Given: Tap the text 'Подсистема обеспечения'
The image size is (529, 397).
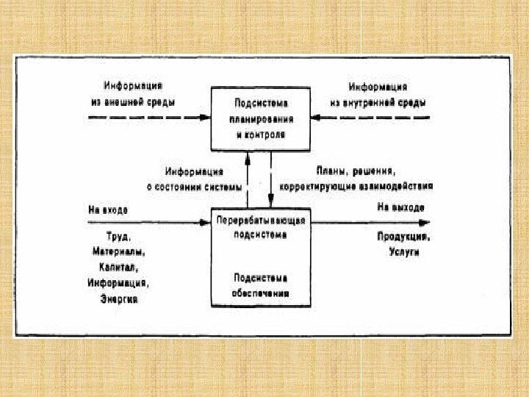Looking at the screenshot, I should (260, 285).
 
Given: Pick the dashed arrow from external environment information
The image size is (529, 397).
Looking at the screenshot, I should (147, 117).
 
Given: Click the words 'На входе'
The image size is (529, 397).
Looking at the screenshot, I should (108, 210).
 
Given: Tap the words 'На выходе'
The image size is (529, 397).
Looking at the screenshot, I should (401, 209).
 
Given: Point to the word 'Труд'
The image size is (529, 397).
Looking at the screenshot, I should (120, 237).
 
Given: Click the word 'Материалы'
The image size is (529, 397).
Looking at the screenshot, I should (118, 253).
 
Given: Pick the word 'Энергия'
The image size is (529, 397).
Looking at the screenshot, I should (118, 300).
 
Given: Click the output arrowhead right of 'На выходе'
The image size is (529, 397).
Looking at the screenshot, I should (425, 220).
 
